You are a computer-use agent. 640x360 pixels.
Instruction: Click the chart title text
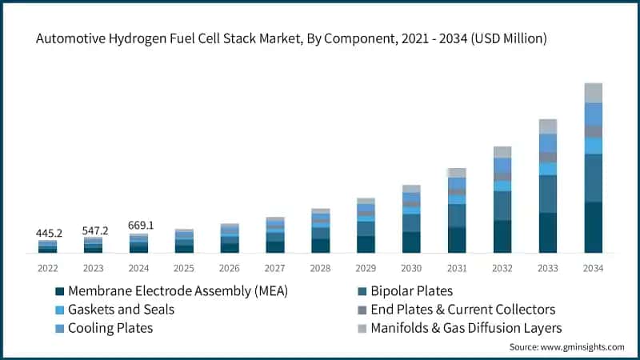(x=292, y=37)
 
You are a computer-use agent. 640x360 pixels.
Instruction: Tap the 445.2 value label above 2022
(x=48, y=233)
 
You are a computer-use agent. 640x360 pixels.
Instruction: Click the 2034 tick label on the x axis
(x=593, y=267)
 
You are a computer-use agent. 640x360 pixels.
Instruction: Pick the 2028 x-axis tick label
(x=320, y=267)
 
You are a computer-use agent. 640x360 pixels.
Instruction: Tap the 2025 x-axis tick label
(x=184, y=267)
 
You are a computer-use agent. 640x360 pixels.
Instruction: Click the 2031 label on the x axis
(x=457, y=267)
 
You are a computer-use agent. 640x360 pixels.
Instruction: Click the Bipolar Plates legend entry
(x=416, y=290)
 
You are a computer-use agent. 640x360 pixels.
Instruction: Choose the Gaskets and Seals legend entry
(x=121, y=309)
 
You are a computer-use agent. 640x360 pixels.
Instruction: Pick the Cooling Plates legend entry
(x=110, y=327)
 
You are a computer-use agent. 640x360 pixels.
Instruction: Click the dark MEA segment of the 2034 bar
(x=593, y=228)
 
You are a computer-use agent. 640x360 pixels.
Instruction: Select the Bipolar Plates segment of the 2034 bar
(x=593, y=178)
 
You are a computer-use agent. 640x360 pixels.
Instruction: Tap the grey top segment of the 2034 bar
(x=593, y=93)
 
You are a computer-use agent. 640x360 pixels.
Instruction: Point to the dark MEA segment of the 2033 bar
(x=547, y=233)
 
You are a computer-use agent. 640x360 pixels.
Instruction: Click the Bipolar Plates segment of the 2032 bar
(x=502, y=206)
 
